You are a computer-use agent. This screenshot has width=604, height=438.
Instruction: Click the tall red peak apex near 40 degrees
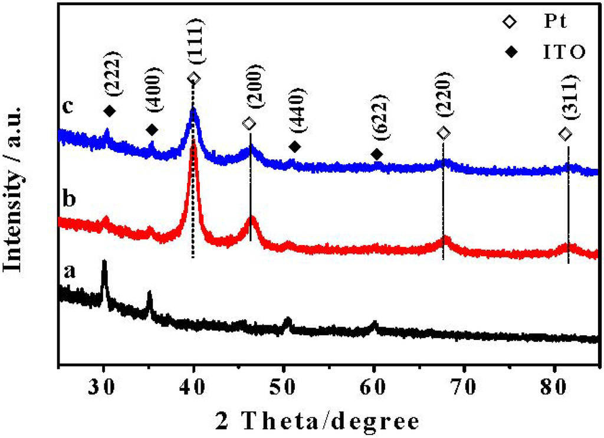[192, 155]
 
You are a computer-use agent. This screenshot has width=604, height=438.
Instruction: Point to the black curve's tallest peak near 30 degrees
[104, 261]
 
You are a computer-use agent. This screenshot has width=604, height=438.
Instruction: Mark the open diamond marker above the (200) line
[249, 123]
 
